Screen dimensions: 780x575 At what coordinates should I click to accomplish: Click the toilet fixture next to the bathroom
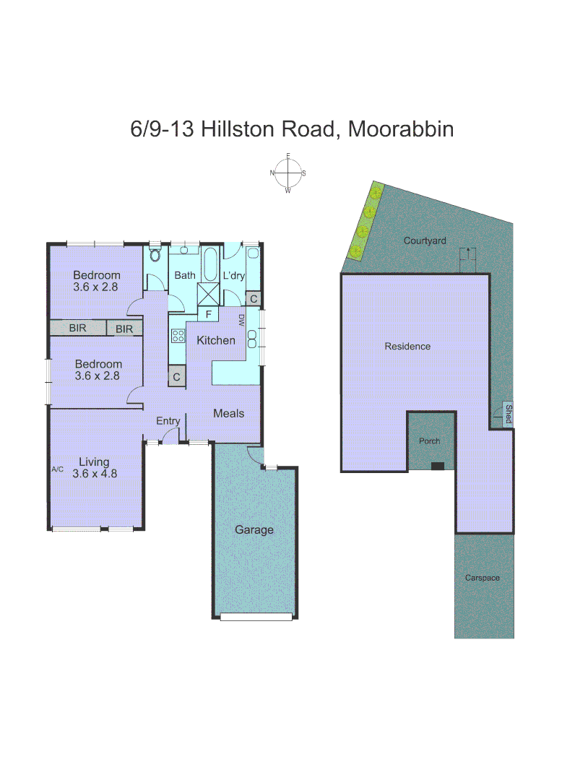coord(155,256)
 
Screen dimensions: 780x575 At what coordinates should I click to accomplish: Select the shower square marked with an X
coord(211,295)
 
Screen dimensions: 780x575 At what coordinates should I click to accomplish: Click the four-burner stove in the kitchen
coord(178,335)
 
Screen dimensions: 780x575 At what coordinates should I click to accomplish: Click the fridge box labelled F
coord(208,314)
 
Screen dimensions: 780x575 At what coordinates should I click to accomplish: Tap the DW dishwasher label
coord(241,320)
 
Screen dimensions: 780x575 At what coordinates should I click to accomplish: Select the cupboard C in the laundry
coord(253,298)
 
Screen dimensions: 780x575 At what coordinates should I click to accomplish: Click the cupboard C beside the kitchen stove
coord(176,376)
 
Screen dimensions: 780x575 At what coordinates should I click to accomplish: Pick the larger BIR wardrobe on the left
coord(77,329)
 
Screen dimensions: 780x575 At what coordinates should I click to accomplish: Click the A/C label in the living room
coord(58,469)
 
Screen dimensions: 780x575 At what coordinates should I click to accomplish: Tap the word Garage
coord(254,529)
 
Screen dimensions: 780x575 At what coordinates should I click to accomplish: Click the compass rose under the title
coord(288,173)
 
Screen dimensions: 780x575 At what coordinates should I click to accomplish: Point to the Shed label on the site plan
coord(508,415)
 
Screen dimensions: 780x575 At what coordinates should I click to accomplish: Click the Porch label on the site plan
coord(430,441)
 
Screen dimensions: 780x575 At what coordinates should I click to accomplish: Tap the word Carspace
coord(482,578)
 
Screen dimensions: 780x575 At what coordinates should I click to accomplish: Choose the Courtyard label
coord(425,240)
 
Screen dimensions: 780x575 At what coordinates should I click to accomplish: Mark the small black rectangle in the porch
coord(437,466)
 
